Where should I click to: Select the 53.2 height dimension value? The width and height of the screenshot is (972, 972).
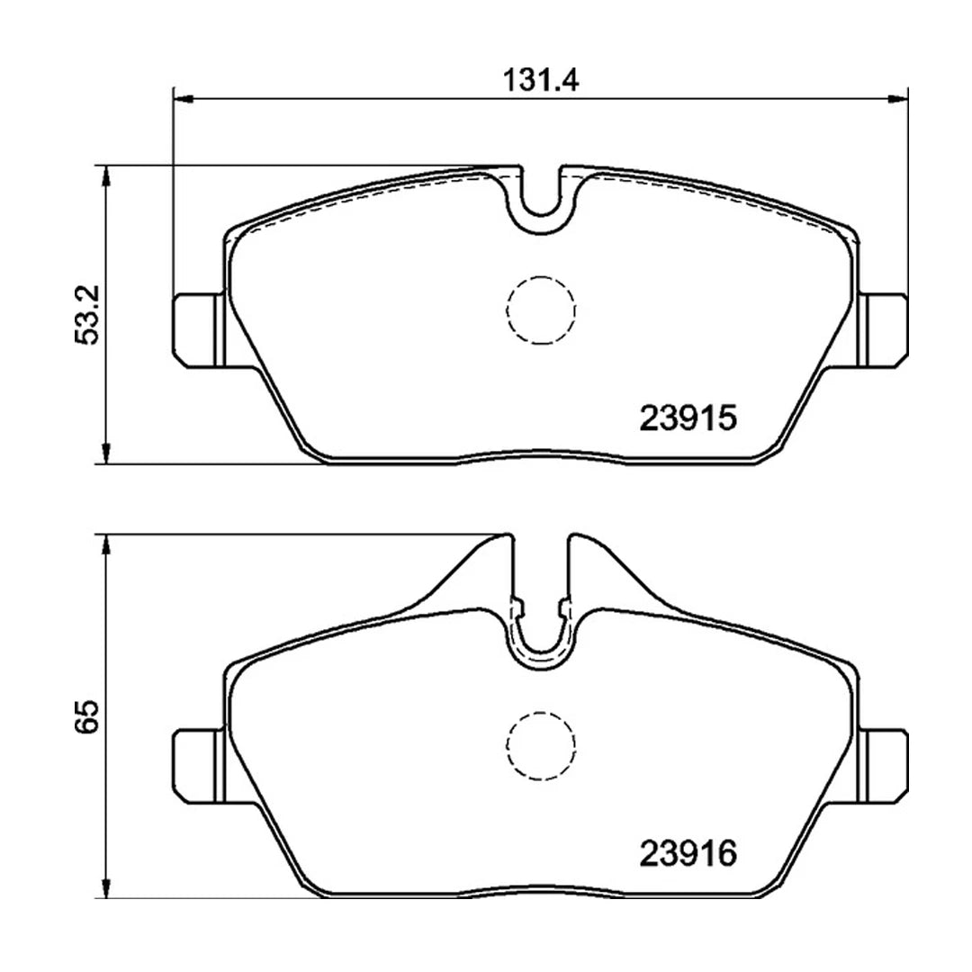coord(86,314)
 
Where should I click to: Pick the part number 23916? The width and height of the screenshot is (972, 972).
coord(688,851)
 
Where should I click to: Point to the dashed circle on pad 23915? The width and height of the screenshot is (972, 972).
coord(540,310)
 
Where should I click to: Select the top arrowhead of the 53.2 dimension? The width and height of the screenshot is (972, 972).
coord(107,175)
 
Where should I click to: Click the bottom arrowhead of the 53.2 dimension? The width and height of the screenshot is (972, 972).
coord(107,454)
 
